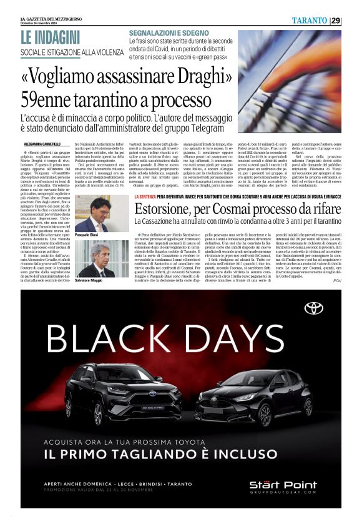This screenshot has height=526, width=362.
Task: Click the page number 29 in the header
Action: [336, 21]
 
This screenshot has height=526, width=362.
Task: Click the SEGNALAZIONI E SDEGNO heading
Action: [169, 33]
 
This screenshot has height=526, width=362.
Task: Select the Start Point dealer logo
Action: [291, 486]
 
